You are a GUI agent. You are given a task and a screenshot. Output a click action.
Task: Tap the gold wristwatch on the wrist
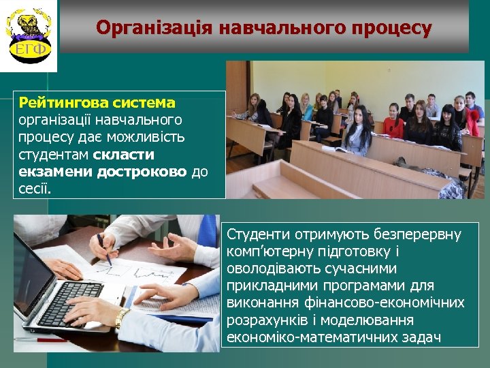click(122, 318)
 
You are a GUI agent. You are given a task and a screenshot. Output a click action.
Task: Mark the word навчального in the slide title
click(275, 27)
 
